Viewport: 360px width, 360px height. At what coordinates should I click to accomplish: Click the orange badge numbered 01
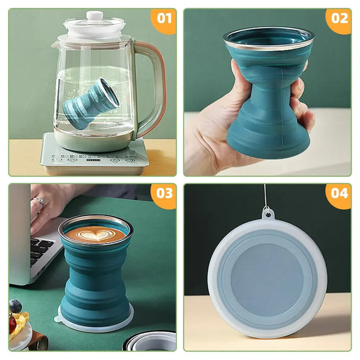tap(164, 18)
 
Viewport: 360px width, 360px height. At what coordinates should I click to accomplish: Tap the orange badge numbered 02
tap(339, 18)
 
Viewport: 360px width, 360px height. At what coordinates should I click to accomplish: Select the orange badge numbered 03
tap(164, 193)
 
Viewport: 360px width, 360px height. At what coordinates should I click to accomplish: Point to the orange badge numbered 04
tap(339, 193)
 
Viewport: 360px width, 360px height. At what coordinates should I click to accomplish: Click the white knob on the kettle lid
tap(94, 16)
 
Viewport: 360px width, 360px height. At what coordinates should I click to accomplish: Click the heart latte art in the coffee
tap(96, 234)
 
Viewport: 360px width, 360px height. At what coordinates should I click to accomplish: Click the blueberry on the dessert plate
tap(16, 306)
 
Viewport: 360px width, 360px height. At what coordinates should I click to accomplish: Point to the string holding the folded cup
tap(265, 195)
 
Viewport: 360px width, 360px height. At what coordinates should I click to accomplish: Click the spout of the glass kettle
tap(56, 44)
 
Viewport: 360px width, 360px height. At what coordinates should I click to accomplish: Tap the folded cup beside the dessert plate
tap(151, 341)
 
